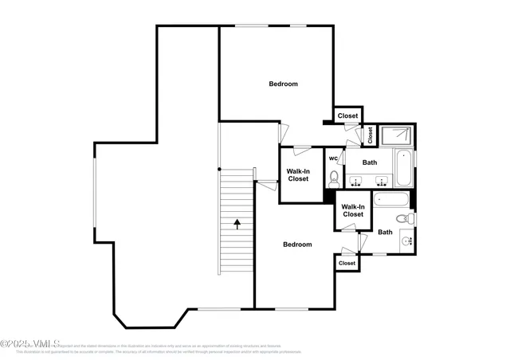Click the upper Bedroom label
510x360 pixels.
(x=283, y=84)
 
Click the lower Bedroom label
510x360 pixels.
(x=297, y=245)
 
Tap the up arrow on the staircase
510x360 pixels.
(x=237, y=224)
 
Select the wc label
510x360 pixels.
(x=332, y=158)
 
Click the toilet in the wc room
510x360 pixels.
(x=333, y=177)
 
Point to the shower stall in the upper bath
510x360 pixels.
(x=394, y=136)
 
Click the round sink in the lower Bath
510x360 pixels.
(x=406, y=240)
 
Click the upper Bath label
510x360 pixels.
(x=370, y=162)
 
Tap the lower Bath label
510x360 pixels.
(x=385, y=233)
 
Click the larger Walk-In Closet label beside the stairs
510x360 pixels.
(x=298, y=174)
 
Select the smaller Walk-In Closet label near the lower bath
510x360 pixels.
(x=352, y=210)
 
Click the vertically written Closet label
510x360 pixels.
(x=371, y=135)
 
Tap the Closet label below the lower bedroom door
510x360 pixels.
(x=347, y=263)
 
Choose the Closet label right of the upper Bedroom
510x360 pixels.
(x=347, y=116)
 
